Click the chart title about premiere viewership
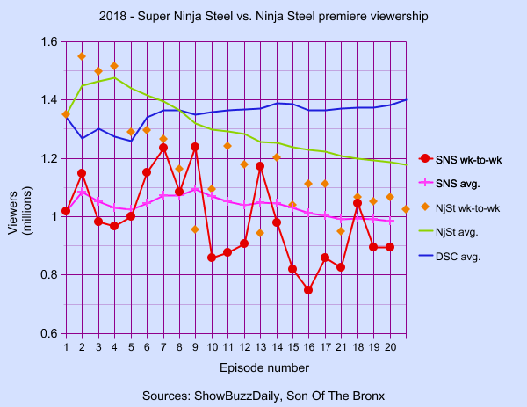[263, 17]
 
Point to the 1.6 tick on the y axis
[48, 42]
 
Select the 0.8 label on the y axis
[48, 275]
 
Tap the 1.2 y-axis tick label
[48, 159]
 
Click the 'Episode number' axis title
[235, 367]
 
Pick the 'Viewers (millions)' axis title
[18, 188]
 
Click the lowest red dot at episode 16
[308, 290]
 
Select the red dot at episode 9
[195, 147]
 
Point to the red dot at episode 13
[260, 166]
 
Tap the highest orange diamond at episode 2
[82, 56]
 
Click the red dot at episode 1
[66, 211]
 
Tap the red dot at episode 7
[163, 149]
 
